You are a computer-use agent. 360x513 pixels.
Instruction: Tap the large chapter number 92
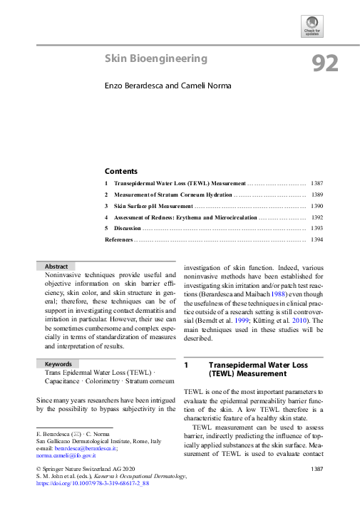325,64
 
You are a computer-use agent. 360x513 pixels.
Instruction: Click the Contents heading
121,171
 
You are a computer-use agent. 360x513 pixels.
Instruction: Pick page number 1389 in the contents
317,195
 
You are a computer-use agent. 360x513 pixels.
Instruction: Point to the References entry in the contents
118,240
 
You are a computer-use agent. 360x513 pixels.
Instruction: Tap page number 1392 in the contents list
317,217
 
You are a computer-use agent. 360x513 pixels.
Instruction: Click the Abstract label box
56,266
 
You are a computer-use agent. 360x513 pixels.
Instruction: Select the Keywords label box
58,364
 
